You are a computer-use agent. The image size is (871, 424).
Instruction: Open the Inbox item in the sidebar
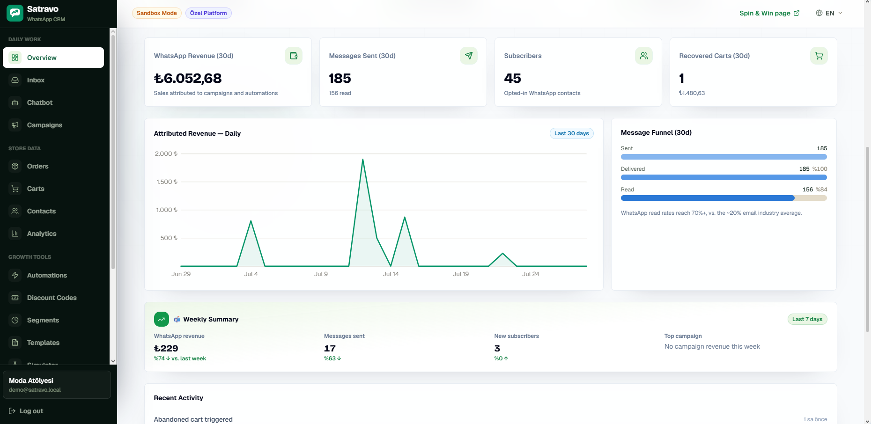(x=36, y=80)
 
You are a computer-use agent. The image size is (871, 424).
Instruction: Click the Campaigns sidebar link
(x=44, y=125)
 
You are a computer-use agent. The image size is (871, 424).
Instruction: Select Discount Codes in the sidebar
(x=52, y=298)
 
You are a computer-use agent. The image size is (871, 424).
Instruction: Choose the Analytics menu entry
(x=42, y=234)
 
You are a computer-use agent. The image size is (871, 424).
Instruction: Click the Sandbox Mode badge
(x=157, y=13)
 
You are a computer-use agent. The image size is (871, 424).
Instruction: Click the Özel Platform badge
(x=208, y=13)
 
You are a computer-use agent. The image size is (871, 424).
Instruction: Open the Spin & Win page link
(x=769, y=13)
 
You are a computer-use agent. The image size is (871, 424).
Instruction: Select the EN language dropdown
(x=829, y=13)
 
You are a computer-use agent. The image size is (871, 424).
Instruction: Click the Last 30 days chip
(x=572, y=133)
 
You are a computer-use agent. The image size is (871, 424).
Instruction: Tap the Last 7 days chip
(x=807, y=319)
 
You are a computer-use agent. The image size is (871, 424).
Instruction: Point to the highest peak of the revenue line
(x=362, y=159)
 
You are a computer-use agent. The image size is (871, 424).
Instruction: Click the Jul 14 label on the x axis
(x=391, y=274)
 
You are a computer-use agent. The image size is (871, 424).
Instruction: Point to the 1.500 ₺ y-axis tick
(x=167, y=182)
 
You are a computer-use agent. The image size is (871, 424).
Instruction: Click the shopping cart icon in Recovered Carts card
(x=819, y=56)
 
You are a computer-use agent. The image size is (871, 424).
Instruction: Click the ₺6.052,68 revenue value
(x=188, y=78)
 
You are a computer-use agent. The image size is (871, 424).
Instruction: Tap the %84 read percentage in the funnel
(x=821, y=190)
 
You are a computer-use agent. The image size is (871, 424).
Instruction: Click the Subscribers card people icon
(x=644, y=56)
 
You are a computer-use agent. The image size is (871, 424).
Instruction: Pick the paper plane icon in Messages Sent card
(x=469, y=56)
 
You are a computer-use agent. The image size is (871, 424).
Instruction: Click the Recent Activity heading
(x=178, y=398)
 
